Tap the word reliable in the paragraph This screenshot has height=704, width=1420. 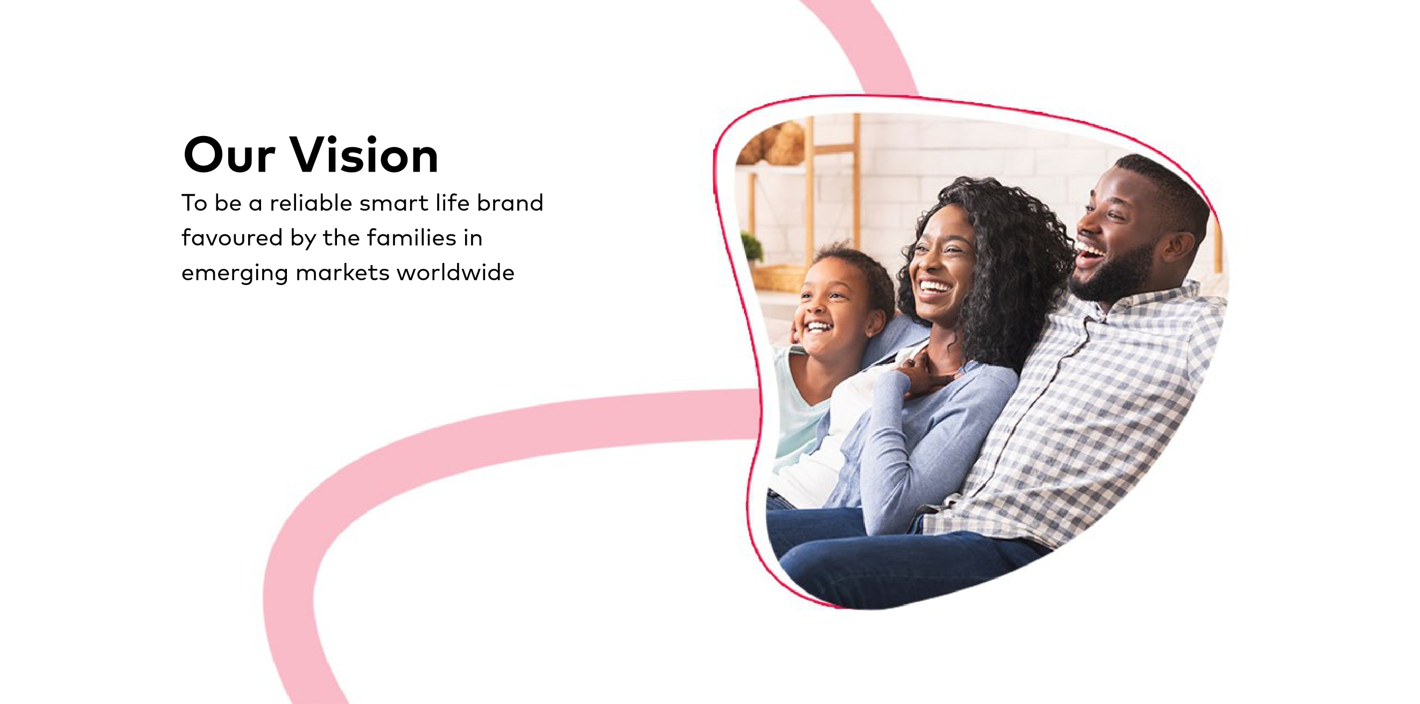pos(311,203)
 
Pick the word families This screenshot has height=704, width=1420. pos(412,238)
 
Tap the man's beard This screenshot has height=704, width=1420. pos(1119,273)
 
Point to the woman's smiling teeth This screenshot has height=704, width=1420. pos(936,287)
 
